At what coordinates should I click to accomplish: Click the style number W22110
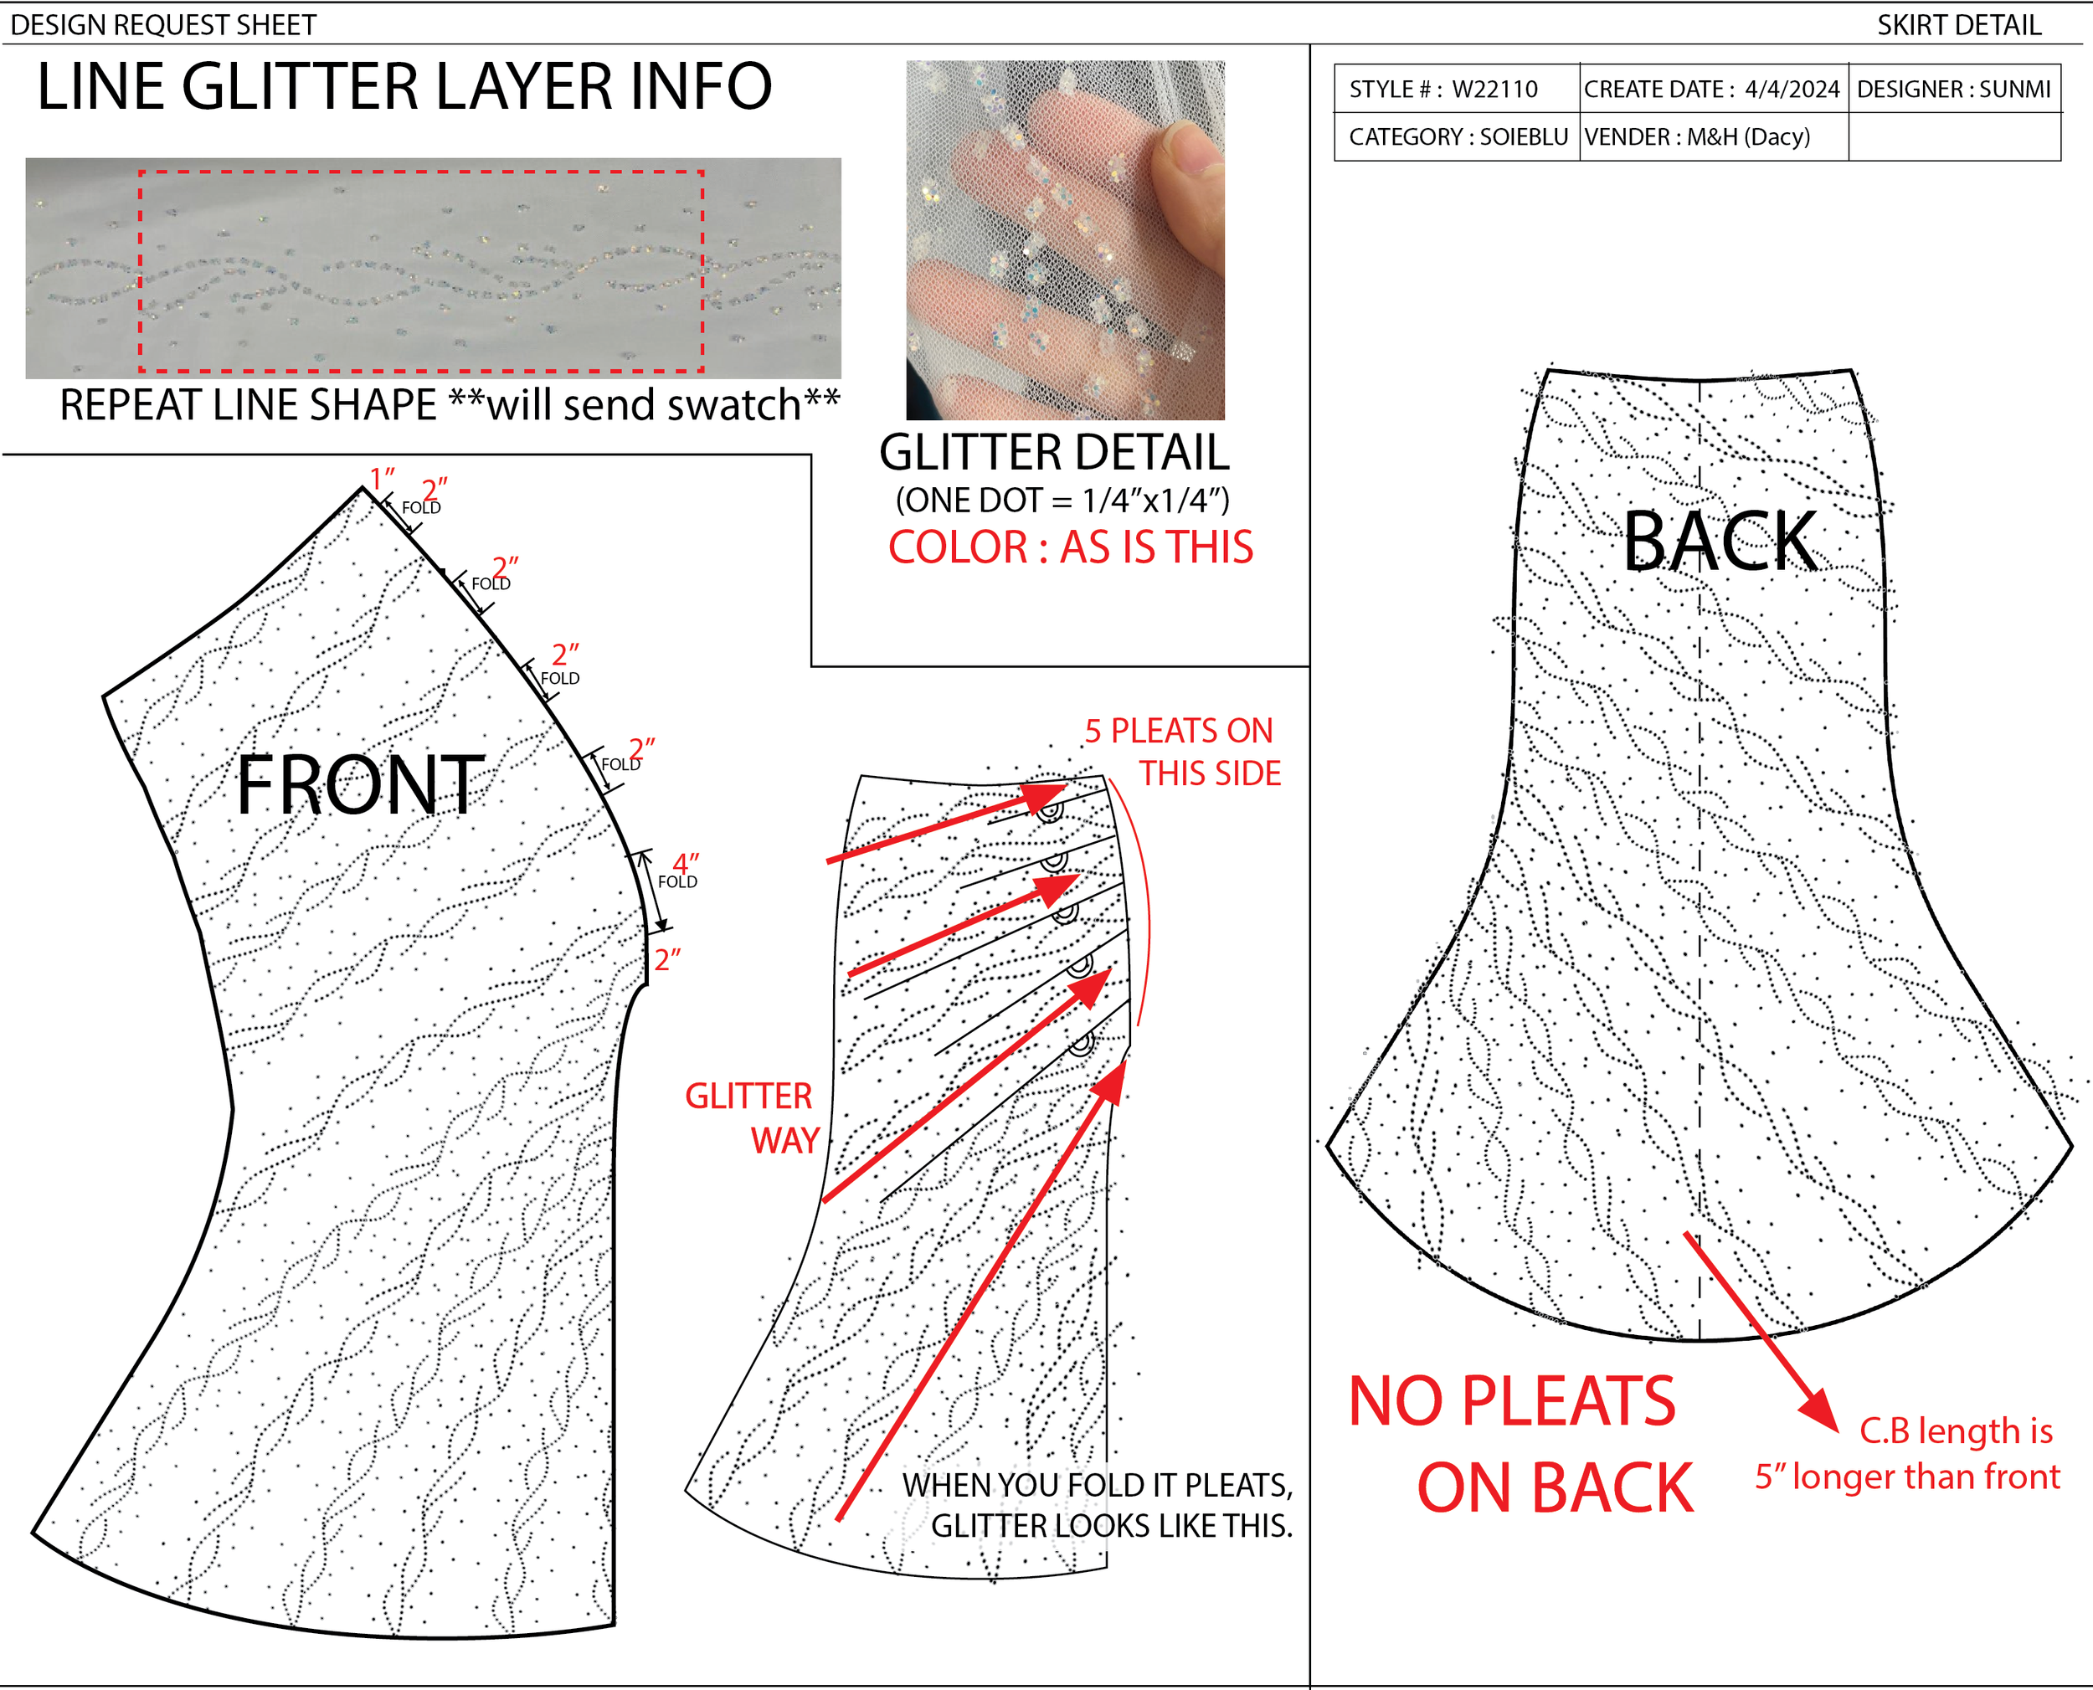(x=1494, y=90)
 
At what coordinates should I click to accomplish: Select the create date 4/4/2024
(x=1792, y=90)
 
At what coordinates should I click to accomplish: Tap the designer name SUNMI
(x=2014, y=90)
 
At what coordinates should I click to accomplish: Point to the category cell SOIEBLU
(x=1524, y=137)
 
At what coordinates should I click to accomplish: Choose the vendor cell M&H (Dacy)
(x=1748, y=137)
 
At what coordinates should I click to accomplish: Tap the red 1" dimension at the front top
(x=382, y=478)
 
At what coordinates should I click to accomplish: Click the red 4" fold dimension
(x=686, y=864)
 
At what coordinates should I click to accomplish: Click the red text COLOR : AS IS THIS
(x=1070, y=547)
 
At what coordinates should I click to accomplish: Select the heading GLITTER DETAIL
(x=1053, y=453)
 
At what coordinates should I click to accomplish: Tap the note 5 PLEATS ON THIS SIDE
(x=1183, y=752)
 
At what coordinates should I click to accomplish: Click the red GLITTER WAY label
(x=753, y=1117)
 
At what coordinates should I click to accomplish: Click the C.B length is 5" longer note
(x=1908, y=1453)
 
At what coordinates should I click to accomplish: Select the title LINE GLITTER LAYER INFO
(x=404, y=88)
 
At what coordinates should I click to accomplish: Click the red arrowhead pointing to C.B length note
(x=1818, y=1409)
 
